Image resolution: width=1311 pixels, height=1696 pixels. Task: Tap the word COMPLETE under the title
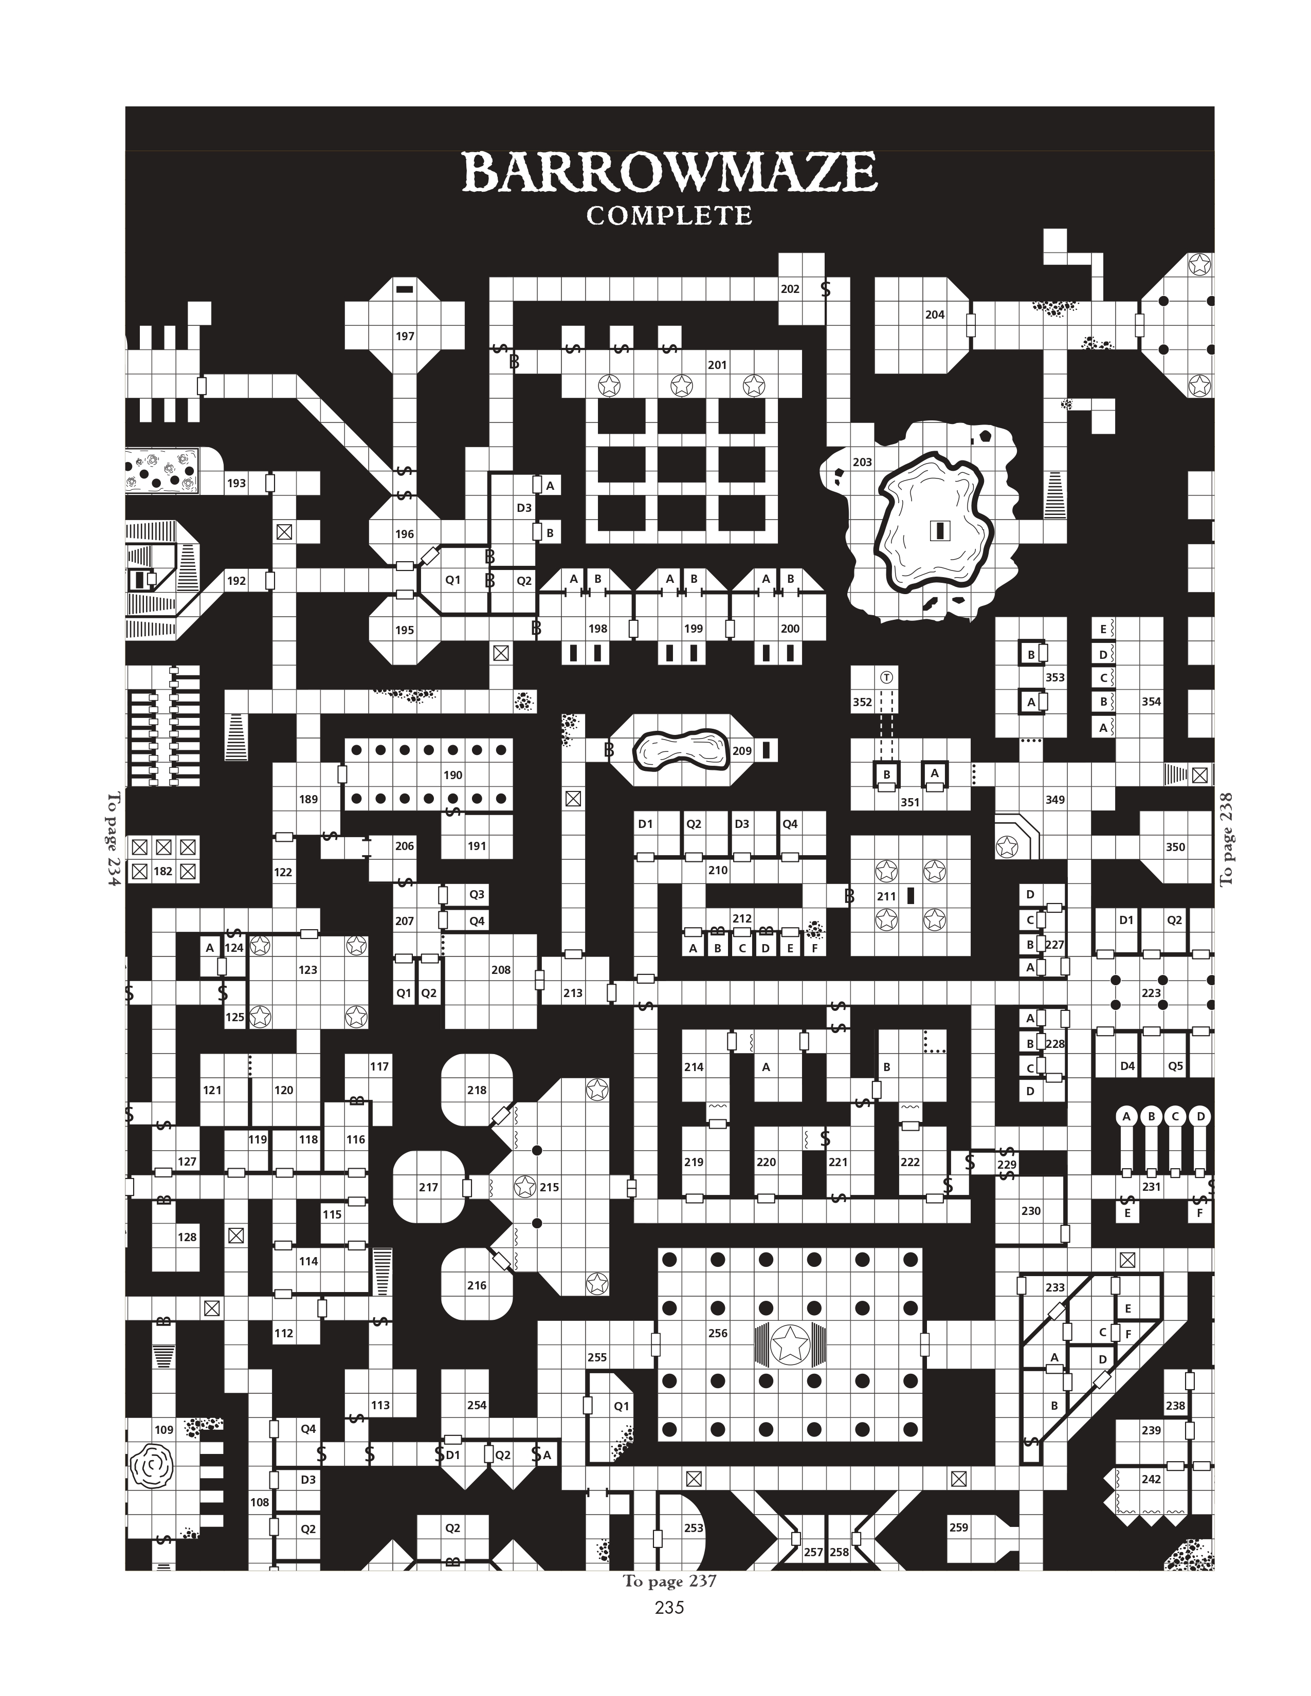click(669, 216)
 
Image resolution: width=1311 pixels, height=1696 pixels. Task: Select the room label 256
click(718, 1333)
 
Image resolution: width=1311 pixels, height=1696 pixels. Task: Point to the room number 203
click(862, 462)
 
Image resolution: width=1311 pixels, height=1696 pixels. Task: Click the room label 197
click(405, 336)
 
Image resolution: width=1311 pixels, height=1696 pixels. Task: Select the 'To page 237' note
click(669, 1581)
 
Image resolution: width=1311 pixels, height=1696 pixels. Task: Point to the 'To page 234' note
click(114, 839)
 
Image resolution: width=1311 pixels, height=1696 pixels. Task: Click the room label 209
click(742, 751)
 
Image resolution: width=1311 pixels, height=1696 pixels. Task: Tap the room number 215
click(549, 1187)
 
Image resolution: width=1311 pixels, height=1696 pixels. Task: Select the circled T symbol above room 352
click(886, 677)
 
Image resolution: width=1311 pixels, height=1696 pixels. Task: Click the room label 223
click(1151, 992)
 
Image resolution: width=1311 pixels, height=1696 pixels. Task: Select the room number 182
click(162, 871)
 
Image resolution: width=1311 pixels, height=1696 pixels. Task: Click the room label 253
click(694, 1527)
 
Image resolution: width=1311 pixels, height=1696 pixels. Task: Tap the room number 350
click(1175, 847)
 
